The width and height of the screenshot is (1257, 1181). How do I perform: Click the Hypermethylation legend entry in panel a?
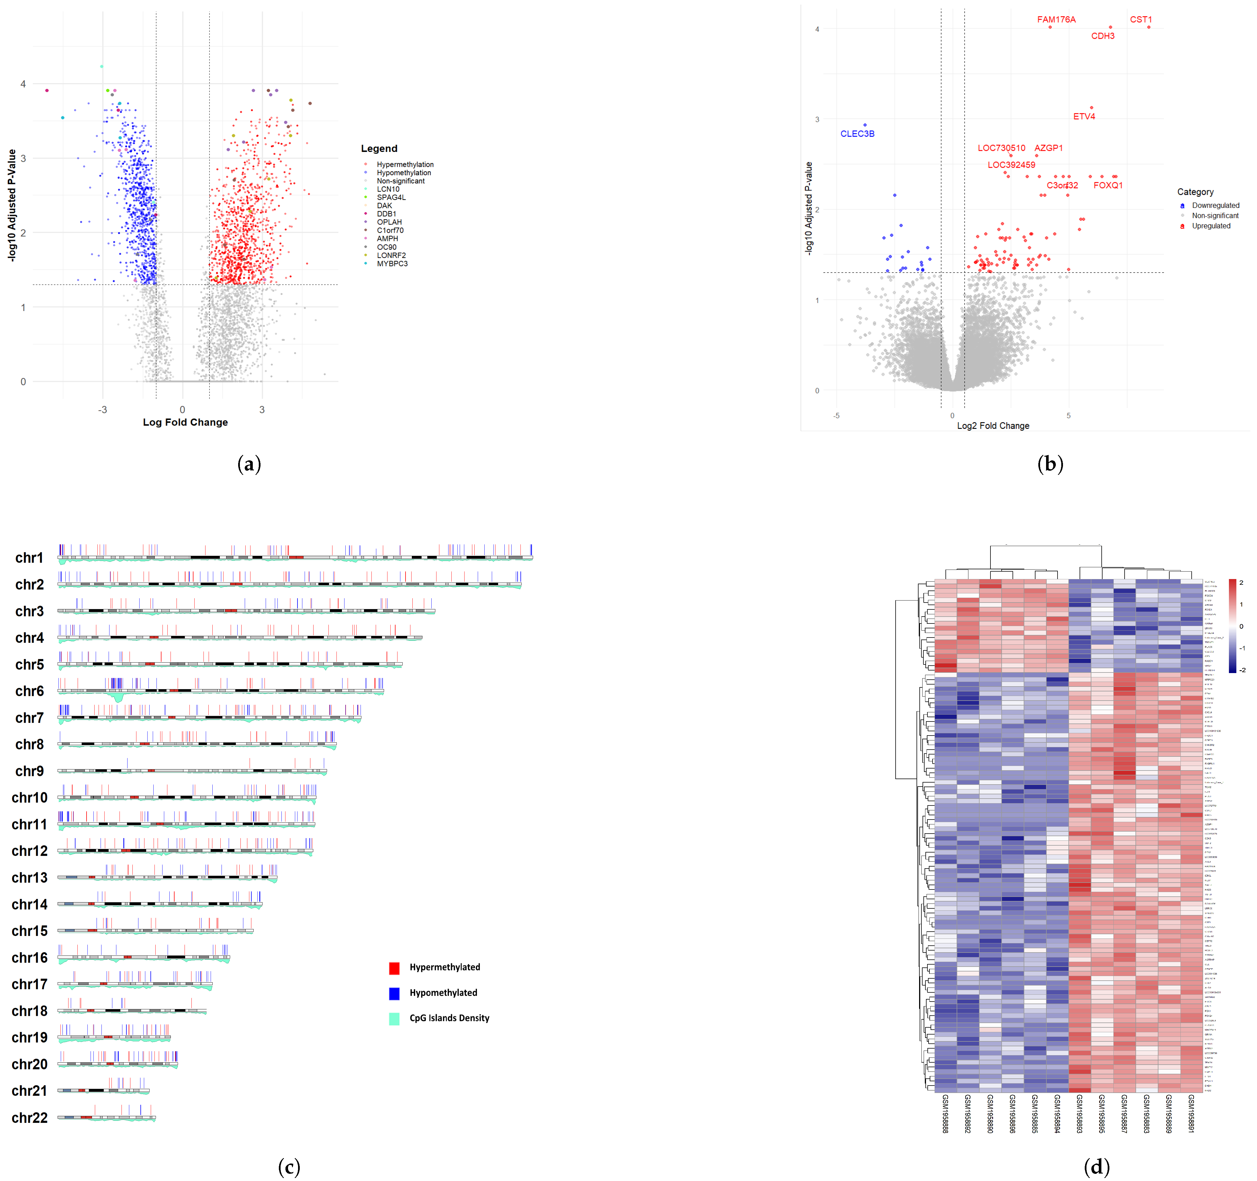click(405, 165)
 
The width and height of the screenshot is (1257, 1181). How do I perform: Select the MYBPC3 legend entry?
click(392, 264)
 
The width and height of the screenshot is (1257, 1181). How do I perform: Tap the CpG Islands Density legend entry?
click(449, 1018)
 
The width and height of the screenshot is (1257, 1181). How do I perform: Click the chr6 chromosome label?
click(30, 691)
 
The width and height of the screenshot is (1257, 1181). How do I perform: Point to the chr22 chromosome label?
click(30, 1118)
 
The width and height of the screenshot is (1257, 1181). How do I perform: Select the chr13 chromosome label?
click(30, 878)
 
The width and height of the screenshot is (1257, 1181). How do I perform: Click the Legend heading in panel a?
click(379, 149)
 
